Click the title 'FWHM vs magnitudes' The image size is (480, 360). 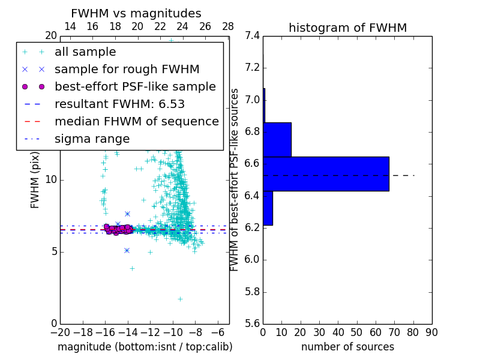(136, 13)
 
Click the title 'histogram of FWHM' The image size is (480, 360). (347, 28)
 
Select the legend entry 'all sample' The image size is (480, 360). (85, 52)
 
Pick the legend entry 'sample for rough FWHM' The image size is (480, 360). (127, 70)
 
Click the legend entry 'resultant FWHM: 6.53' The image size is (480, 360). (119, 104)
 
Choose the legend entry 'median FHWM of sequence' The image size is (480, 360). (136, 121)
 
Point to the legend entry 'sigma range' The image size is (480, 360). (92, 139)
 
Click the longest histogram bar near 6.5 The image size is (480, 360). (326, 173)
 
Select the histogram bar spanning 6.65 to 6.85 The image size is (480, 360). (277, 139)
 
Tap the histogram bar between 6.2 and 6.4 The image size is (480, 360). (268, 208)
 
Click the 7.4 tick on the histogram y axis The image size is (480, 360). (252, 35)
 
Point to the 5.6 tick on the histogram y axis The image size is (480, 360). (252, 324)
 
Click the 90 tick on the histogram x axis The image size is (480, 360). (431, 332)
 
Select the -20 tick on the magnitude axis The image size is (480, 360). (60, 332)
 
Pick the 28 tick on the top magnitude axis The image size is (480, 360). (228, 26)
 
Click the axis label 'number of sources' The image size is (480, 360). (347, 347)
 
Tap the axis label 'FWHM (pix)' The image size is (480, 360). (35, 179)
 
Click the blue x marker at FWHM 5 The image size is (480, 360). (127, 250)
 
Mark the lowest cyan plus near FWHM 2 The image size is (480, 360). (179, 298)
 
